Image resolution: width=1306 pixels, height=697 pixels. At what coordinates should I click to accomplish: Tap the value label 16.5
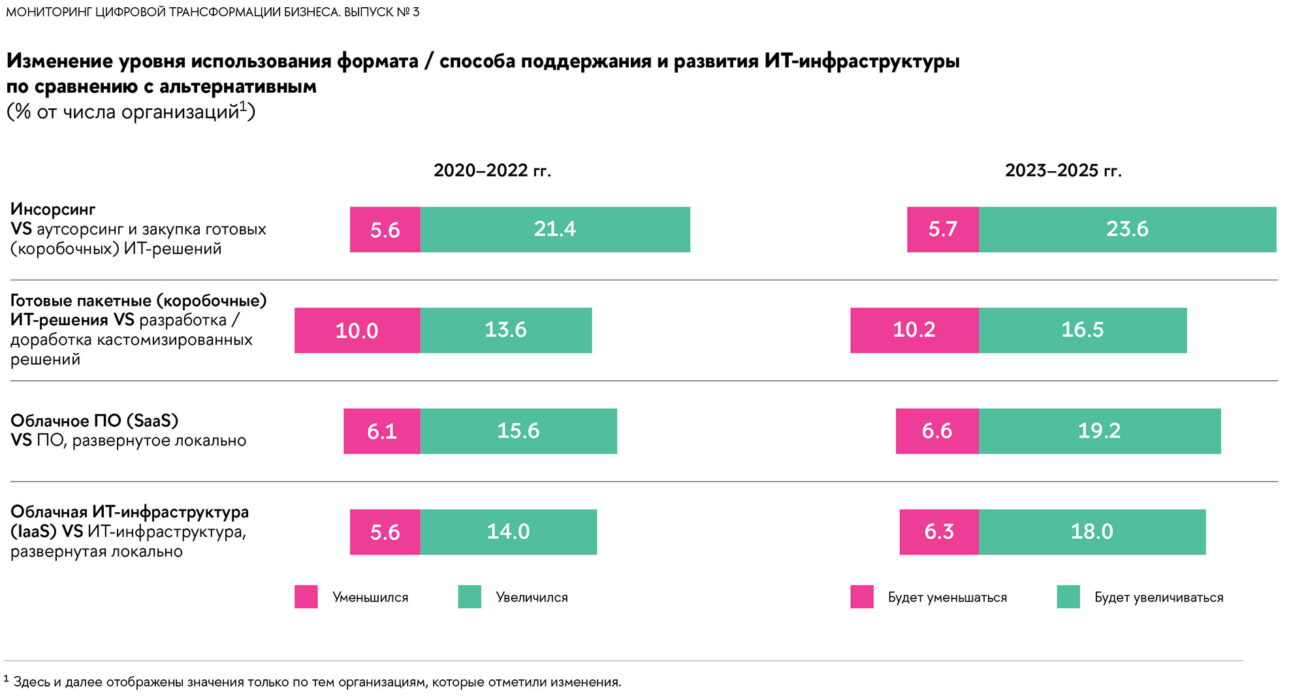coord(1082,330)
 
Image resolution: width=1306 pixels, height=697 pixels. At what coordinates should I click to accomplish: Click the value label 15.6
coord(518,431)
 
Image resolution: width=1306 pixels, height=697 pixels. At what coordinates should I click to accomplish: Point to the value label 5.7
coord(942,229)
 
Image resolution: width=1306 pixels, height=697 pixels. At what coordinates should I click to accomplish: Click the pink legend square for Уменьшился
coord(306,597)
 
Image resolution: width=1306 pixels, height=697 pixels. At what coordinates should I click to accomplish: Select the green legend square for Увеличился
coord(470,597)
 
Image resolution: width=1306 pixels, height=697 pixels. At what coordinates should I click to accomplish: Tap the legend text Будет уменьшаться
coord(947,598)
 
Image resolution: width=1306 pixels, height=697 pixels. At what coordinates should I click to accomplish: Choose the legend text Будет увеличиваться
coord(1158,598)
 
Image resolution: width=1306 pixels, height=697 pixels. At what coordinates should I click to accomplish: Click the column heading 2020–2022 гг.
coord(492,170)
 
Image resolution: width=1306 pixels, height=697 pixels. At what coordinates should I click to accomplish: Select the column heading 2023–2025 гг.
coord(1063,170)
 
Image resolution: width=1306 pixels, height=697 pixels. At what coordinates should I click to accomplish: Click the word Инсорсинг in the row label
coord(53,210)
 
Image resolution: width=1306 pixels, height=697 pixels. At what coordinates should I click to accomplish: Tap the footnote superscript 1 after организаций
coord(243,105)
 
